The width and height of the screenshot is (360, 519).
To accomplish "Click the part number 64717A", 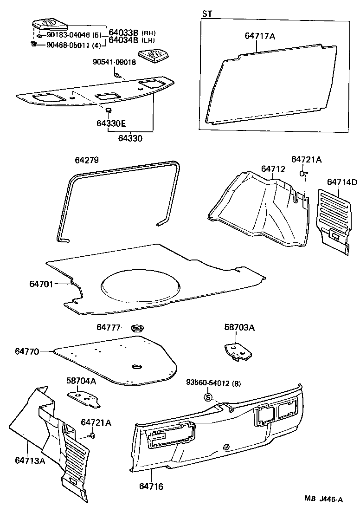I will tap(260, 35).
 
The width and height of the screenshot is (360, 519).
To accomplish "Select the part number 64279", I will tap(87, 160).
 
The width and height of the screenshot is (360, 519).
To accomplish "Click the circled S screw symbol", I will tap(208, 397).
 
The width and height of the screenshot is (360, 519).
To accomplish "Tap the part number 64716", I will tap(151, 487).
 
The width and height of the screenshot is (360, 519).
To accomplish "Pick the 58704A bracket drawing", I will tap(84, 398).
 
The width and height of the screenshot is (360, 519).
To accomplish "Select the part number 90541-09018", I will tap(114, 62).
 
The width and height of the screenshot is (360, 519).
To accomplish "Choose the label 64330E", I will tap(111, 123).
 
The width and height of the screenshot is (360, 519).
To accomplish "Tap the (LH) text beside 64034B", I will tap(149, 41).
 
